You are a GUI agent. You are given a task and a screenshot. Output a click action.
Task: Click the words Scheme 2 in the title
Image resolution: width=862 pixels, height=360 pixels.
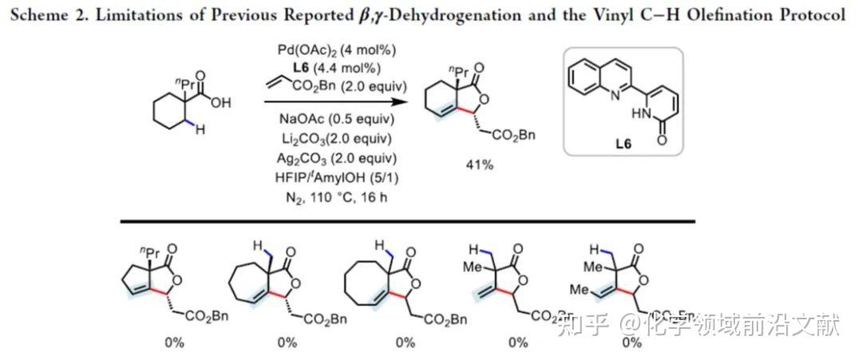pyautogui.click(x=52, y=15)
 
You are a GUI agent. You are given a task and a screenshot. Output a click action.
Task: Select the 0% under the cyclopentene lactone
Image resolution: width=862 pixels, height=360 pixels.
pyautogui.click(x=174, y=342)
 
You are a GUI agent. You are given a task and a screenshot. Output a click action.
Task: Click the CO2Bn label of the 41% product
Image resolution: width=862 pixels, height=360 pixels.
pyautogui.click(x=512, y=135)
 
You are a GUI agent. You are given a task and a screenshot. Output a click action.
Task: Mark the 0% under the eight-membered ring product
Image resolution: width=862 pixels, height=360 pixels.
pyautogui.click(x=405, y=342)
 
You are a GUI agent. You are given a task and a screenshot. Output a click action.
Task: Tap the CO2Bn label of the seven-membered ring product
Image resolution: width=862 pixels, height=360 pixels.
pyautogui.click(x=326, y=320)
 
